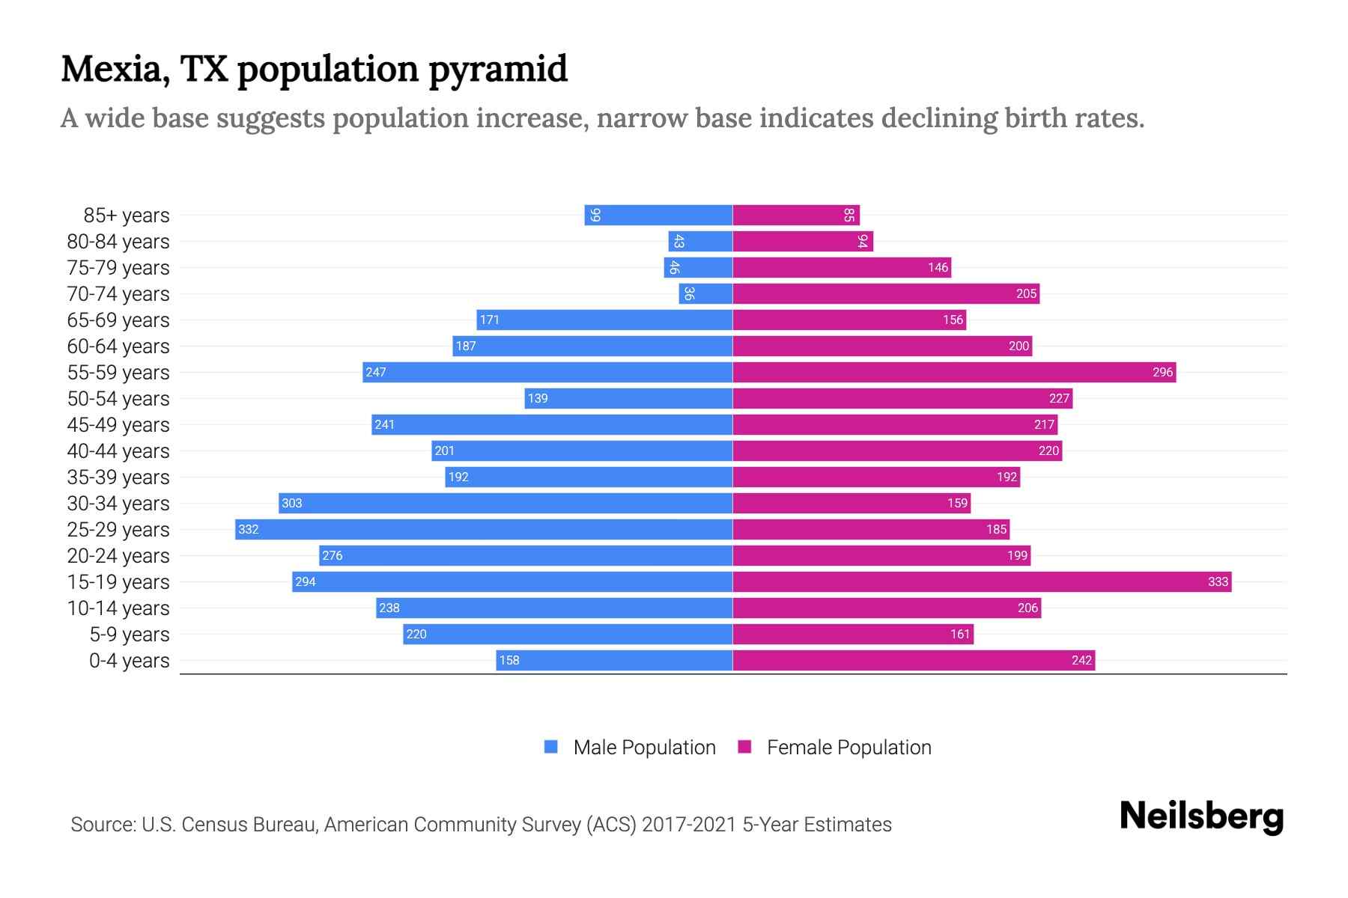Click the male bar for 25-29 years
[x=483, y=529]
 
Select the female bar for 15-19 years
[x=981, y=581]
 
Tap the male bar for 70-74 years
[x=705, y=293]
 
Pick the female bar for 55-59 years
[x=953, y=372]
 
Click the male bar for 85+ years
[x=658, y=215]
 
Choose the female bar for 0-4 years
[x=913, y=660]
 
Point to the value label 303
[x=292, y=503]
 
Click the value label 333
[x=1218, y=581]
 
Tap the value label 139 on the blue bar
[x=538, y=398]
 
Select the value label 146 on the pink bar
[x=938, y=267]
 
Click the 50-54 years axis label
[x=118, y=399]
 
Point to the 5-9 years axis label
[x=130, y=635]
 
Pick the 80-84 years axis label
[x=118, y=242]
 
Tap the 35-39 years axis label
[x=118, y=477]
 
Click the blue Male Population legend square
[x=551, y=747]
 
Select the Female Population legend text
[x=848, y=748]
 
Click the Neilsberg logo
[x=1201, y=816]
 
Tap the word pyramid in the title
[x=498, y=70]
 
